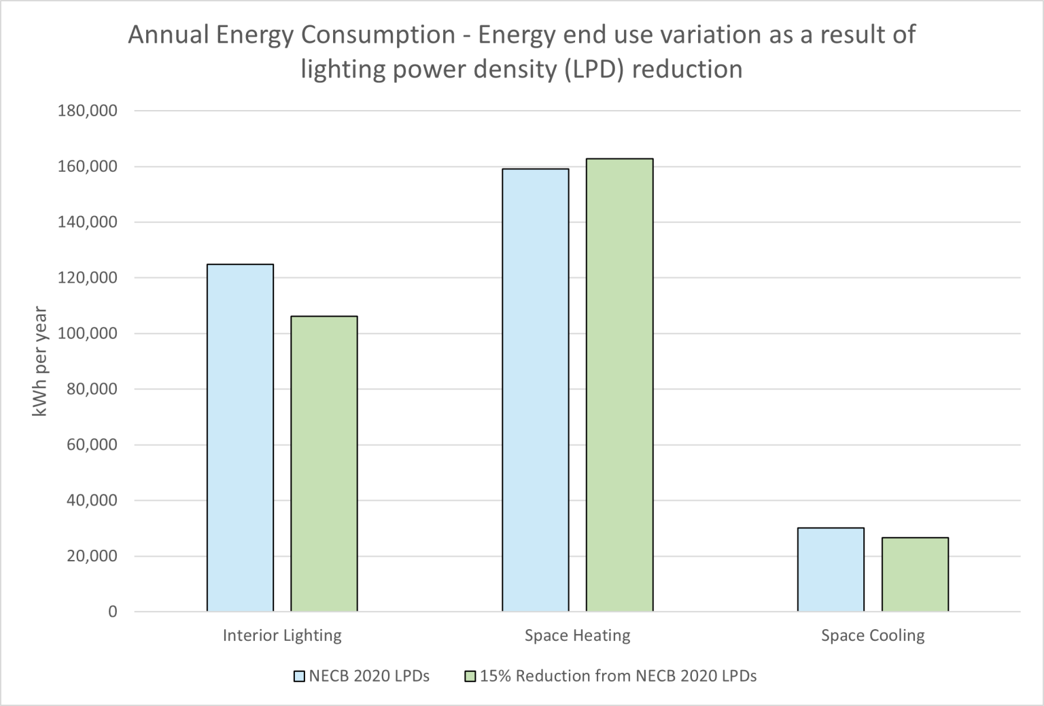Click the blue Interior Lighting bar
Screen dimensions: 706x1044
click(x=240, y=438)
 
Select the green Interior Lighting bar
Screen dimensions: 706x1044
click(x=324, y=463)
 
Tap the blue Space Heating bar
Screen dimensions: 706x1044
click(x=536, y=390)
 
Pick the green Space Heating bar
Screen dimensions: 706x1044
click(x=619, y=385)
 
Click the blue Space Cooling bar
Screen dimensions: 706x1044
click(x=831, y=569)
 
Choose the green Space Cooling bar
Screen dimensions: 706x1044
click(x=915, y=574)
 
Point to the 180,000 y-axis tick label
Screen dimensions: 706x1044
click(x=86, y=111)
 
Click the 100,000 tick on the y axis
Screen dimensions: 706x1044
click(x=86, y=334)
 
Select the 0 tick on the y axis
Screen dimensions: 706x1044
click(x=112, y=612)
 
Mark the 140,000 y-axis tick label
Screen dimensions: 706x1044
click(x=86, y=222)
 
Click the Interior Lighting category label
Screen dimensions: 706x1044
click(x=282, y=636)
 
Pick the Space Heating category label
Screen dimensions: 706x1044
click(x=577, y=636)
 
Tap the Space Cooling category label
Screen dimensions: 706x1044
click(x=873, y=636)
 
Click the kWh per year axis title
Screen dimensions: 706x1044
click(x=40, y=361)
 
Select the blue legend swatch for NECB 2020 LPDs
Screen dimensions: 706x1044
click(x=299, y=677)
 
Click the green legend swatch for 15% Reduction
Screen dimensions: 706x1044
click(x=470, y=677)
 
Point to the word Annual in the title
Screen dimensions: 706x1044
click(x=168, y=35)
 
